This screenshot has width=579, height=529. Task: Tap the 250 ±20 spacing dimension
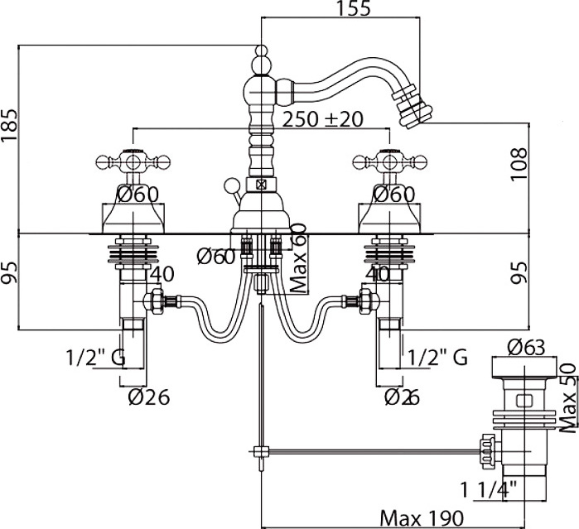pos(322,118)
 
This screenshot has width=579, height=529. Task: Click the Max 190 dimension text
pos(420,518)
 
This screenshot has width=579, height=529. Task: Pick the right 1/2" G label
pos(438,358)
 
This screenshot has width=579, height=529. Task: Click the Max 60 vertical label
pos(298,259)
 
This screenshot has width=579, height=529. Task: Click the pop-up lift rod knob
pos(233,184)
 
